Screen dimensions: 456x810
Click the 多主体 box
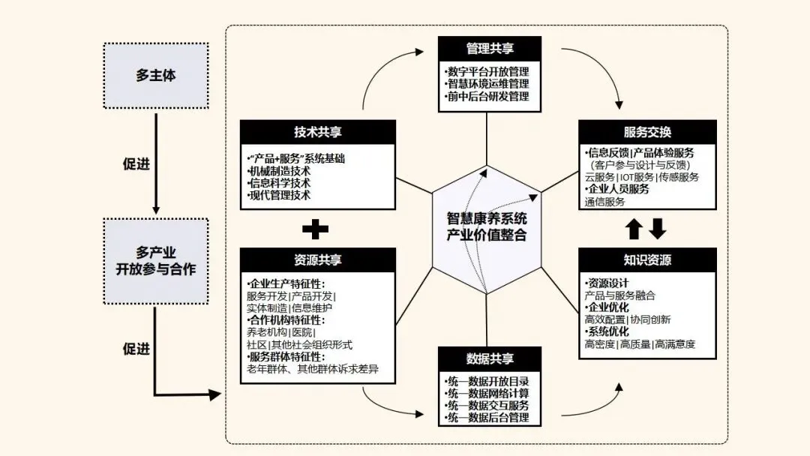coord(156,76)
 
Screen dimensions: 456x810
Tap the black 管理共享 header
coord(490,49)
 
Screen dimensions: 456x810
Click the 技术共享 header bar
coord(317,132)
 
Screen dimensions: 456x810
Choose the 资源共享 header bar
coord(317,260)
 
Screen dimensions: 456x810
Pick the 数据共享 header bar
coord(490,358)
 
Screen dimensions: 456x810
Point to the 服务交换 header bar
coord(647,132)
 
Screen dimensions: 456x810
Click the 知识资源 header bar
coord(647,260)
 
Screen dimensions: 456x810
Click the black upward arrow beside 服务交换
coord(634,228)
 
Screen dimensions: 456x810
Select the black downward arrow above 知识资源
coord(658,228)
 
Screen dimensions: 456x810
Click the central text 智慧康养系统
coord(487,220)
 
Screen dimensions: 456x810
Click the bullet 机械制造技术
coord(279,171)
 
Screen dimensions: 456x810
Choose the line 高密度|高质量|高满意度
coord(640,344)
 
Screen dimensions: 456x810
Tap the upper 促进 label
coord(136,164)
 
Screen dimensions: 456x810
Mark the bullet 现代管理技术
coord(279,195)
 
